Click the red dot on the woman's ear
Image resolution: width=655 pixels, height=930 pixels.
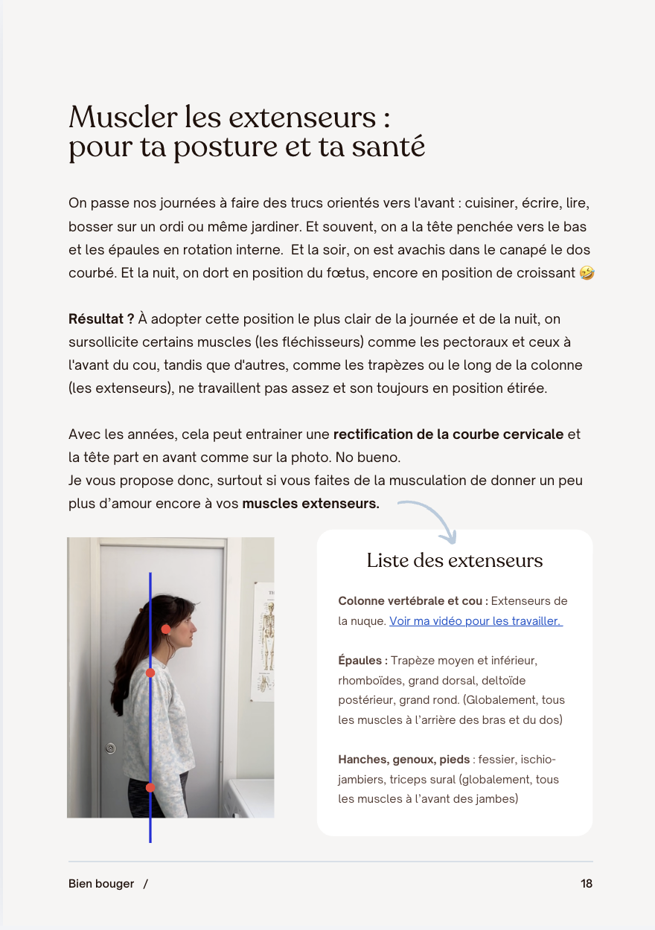click(166, 629)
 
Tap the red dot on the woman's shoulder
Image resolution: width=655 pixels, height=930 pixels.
click(150, 673)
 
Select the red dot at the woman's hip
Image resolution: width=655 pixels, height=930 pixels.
click(150, 787)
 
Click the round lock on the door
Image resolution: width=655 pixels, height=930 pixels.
click(111, 747)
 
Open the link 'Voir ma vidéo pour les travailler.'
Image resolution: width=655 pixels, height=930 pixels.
click(476, 620)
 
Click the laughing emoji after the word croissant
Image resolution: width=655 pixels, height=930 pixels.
click(586, 272)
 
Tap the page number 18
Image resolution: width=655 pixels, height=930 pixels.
click(587, 884)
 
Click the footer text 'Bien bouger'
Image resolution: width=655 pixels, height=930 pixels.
click(101, 884)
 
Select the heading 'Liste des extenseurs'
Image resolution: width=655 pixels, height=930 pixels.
click(455, 560)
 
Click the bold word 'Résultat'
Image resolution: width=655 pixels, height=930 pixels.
click(98, 319)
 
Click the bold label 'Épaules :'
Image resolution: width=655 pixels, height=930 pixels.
click(362, 661)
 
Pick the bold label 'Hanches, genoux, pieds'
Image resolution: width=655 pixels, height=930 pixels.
click(404, 760)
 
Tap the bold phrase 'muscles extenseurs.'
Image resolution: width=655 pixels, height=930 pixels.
click(310, 504)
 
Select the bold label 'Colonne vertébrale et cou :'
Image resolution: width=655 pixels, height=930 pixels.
click(413, 601)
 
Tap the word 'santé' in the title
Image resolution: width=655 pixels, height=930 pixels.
click(386, 147)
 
